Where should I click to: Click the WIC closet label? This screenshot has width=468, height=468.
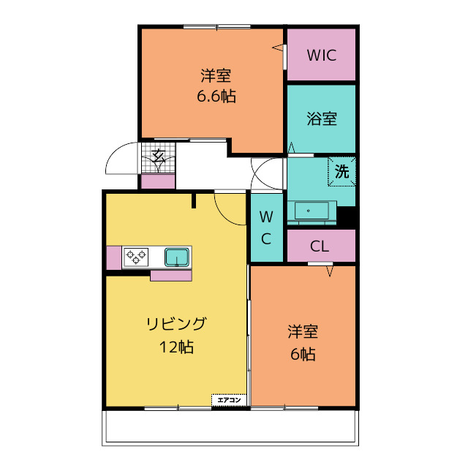[x=322, y=56]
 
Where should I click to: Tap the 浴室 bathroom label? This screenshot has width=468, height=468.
[x=322, y=118]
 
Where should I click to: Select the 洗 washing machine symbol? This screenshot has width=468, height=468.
[x=341, y=172]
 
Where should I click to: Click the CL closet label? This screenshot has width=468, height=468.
[x=320, y=246]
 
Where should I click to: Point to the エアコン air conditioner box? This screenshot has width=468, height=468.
[x=229, y=400]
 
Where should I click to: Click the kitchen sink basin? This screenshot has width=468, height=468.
[x=177, y=257]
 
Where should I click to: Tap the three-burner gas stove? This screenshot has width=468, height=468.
[x=136, y=257]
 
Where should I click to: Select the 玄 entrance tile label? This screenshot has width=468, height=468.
[x=159, y=156]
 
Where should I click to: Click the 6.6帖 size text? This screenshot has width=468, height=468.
[x=216, y=96]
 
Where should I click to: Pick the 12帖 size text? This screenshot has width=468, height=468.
[x=176, y=347]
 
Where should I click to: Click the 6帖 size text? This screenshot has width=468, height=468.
[x=303, y=354]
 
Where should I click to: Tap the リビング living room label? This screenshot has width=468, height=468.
[x=176, y=324]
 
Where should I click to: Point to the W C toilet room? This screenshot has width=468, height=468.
[x=266, y=227]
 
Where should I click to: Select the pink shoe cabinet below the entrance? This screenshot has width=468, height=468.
[x=158, y=181]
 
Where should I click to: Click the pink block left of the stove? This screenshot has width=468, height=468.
[x=114, y=258]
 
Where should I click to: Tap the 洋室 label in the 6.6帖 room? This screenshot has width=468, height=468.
[x=216, y=75]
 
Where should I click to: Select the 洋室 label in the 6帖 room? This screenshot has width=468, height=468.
[x=303, y=331]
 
